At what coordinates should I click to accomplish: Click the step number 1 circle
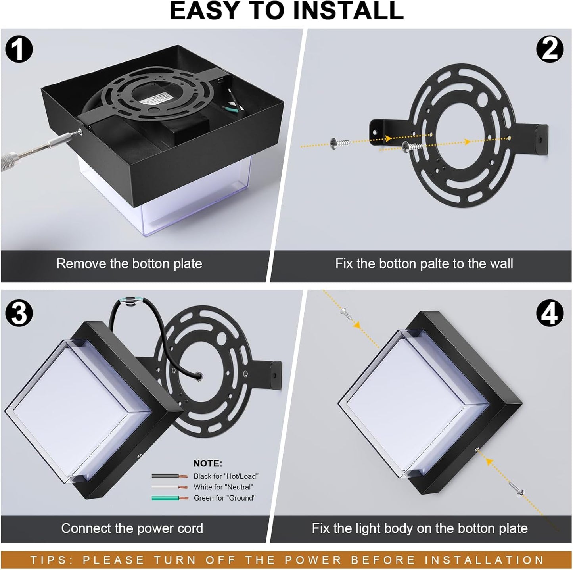coord(19,49)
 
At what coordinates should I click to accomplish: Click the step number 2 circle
coord(549,49)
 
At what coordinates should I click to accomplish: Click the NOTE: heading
coord(208,463)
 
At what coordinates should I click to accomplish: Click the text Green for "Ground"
coord(224,498)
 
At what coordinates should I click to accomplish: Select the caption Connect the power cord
coord(132,528)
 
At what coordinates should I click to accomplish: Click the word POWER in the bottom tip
coord(313,560)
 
